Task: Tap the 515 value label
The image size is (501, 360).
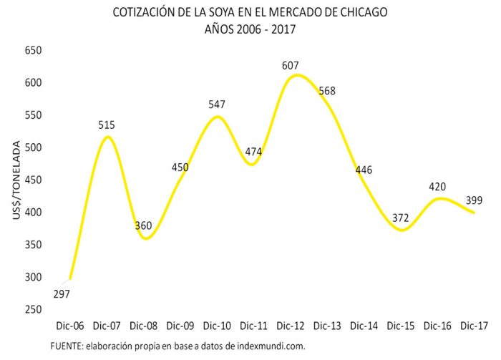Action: coord(107,125)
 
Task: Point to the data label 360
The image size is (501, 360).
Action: coord(144,226)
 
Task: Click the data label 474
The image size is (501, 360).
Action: coord(255,152)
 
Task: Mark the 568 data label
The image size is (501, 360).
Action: coord(327,91)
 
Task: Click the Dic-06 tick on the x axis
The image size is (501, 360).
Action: coord(69,326)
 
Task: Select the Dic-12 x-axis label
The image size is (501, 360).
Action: coord(291,326)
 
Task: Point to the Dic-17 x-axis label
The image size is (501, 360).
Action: coord(475,326)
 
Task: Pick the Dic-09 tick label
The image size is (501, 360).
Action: coord(180,326)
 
